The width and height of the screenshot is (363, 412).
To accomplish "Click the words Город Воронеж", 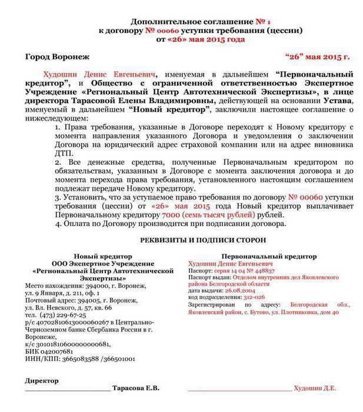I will [x=57, y=57].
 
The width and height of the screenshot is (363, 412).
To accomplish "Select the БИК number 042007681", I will [x=63, y=351].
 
